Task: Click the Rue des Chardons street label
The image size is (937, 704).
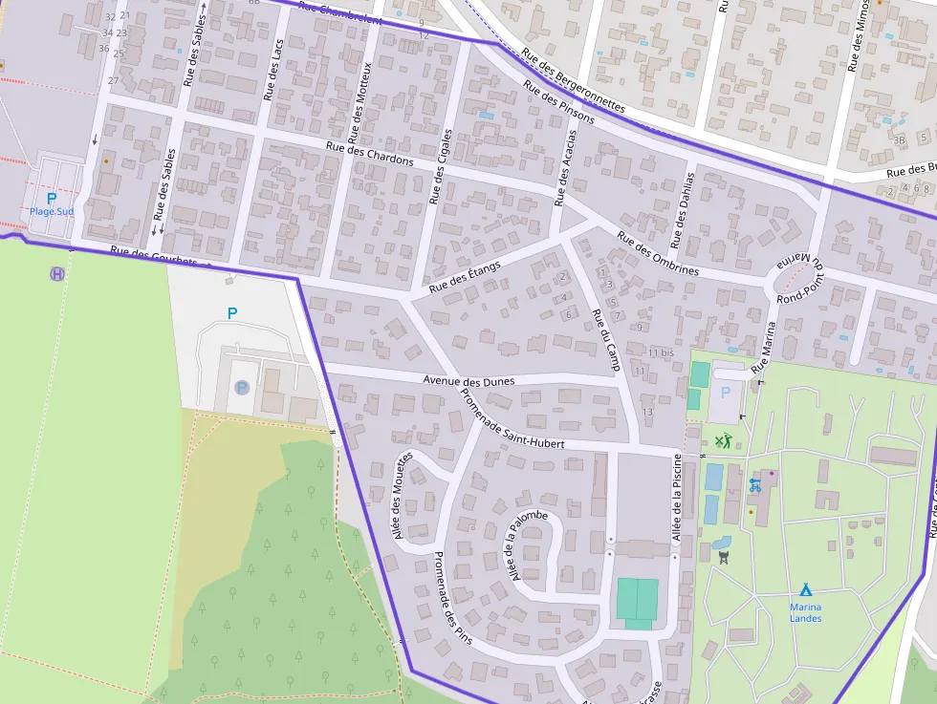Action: (x=369, y=154)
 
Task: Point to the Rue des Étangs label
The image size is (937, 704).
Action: (x=465, y=277)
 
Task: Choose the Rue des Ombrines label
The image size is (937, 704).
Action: (x=657, y=254)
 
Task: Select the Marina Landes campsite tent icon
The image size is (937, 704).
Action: (x=805, y=589)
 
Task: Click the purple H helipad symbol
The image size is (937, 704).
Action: (x=57, y=274)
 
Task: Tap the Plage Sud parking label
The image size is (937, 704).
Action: (x=51, y=211)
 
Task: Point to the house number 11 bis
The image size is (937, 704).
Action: (x=661, y=352)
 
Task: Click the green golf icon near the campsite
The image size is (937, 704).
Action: (x=723, y=440)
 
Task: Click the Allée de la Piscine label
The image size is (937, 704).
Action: (x=677, y=498)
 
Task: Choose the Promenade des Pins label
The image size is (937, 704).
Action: (x=453, y=598)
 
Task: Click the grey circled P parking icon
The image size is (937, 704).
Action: (x=241, y=388)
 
